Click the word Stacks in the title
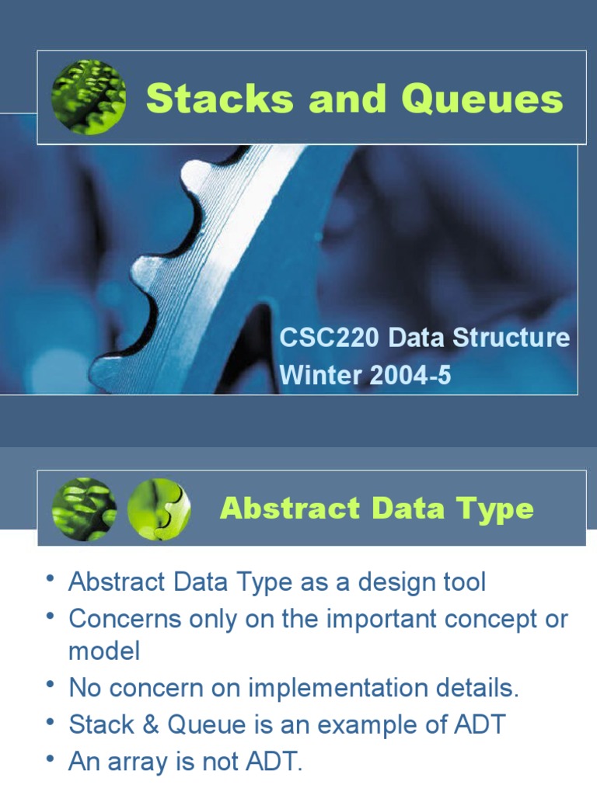tap(220, 98)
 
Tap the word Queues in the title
tap(482, 98)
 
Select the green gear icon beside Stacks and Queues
tap(89, 97)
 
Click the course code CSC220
tap(329, 338)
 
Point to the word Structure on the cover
tap(511, 338)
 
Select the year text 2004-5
tap(410, 375)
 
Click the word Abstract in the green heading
tap(291, 508)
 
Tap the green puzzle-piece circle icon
tap(159, 509)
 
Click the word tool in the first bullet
tap(465, 581)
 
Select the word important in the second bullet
tap(381, 619)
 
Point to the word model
tap(104, 651)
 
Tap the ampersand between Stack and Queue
tap(151, 724)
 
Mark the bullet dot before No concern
tap(50, 684)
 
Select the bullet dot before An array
tap(50, 758)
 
